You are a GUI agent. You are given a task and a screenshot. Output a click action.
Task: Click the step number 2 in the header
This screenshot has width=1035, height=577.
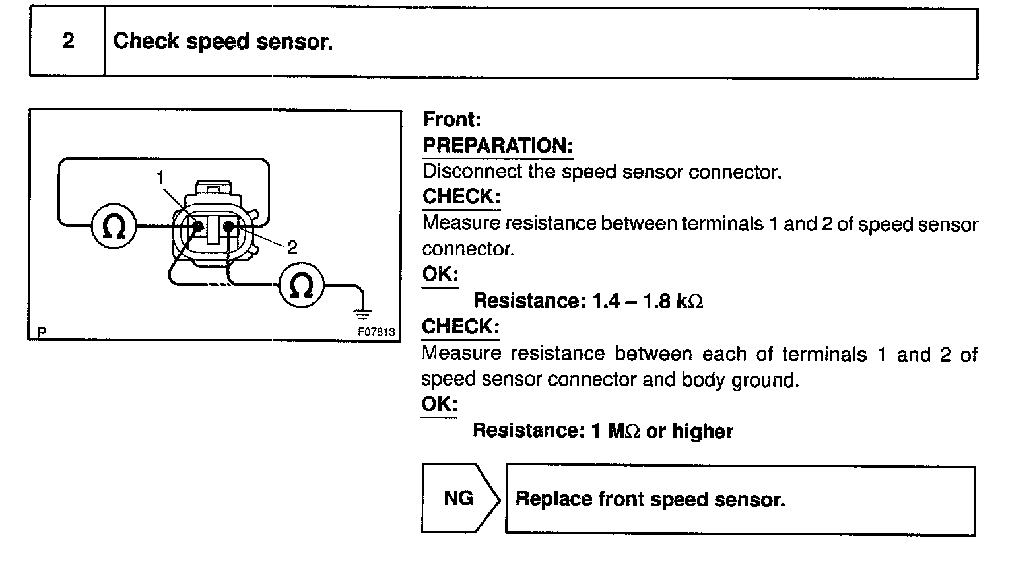click(68, 41)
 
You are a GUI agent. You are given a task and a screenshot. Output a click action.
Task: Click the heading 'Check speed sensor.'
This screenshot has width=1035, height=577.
click(223, 42)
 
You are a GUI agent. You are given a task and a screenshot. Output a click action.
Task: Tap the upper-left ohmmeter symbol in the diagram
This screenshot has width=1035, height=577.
click(114, 226)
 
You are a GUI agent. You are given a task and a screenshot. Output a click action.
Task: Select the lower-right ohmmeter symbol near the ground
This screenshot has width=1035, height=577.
click(302, 285)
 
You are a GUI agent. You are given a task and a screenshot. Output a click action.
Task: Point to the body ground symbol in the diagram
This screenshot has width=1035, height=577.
click(362, 311)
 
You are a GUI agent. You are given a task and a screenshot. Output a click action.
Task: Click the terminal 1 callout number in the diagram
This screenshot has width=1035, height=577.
click(160, 177)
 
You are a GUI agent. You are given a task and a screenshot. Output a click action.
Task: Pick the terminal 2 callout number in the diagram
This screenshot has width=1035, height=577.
click(292, 247)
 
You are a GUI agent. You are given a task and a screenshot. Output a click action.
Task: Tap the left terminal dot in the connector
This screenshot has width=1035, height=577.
click(197, 226)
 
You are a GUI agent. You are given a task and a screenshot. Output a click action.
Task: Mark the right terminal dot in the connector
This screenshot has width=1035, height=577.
click(229, 226)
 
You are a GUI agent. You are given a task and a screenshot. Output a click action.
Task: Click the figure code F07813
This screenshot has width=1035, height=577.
click(376, 331)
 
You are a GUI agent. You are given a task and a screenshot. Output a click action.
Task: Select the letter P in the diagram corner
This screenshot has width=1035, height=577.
click(42, 332)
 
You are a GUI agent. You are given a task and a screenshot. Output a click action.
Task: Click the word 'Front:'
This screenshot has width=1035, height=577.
click(452, 119)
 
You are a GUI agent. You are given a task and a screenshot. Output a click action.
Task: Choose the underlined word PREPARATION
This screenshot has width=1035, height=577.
click(498, 145)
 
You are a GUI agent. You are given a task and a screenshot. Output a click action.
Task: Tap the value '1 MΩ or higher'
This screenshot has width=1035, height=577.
click(662, 431)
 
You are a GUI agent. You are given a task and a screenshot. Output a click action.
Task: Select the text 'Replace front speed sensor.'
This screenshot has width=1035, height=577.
click(650, 499)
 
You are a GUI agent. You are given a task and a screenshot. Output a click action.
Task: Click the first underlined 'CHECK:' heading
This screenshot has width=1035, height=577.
click(461, 197)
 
